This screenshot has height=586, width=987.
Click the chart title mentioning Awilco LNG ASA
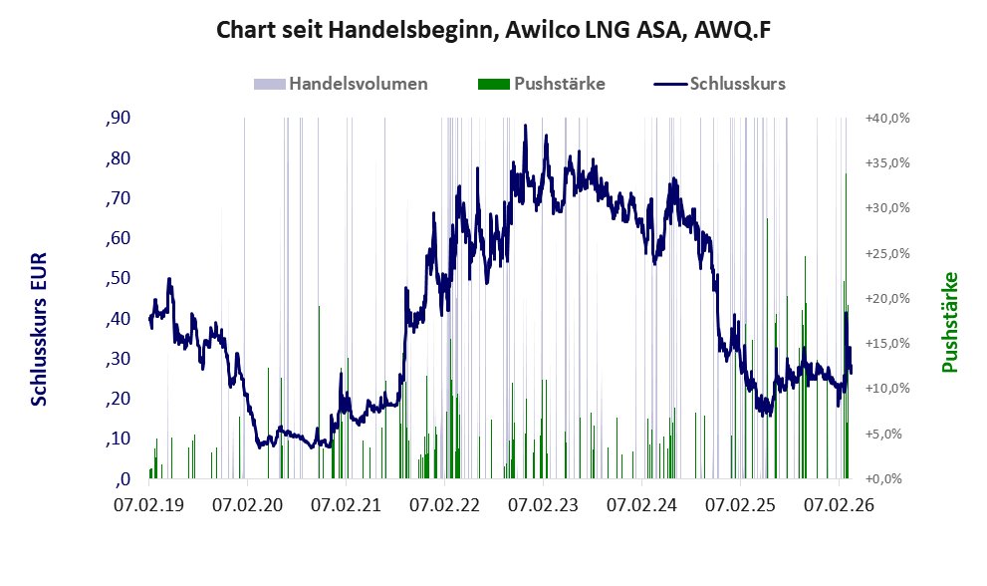pos(494,31)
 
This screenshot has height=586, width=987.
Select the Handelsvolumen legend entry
pos(358,84)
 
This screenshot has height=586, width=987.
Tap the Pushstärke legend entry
pos(559,84)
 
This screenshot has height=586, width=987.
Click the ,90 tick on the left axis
pos(118,119)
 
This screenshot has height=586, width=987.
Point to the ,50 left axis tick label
pos(118,278)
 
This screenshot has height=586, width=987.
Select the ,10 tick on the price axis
pos(118,439)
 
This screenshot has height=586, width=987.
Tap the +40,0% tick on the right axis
pos(886,119)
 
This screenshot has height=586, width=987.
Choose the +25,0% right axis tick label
pos(886,253)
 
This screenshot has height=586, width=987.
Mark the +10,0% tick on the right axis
pos(886,389)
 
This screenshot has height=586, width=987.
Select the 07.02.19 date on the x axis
pos(149,505)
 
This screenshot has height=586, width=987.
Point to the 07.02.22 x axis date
pos(445,505)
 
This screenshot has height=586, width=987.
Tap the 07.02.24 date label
pos(642,505)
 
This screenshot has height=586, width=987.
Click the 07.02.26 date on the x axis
pos(840,505)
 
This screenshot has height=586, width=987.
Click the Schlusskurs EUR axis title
pos(40,329)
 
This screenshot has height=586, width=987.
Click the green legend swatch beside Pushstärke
pos(494,84)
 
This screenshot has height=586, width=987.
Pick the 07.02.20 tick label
pos(248,505)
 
